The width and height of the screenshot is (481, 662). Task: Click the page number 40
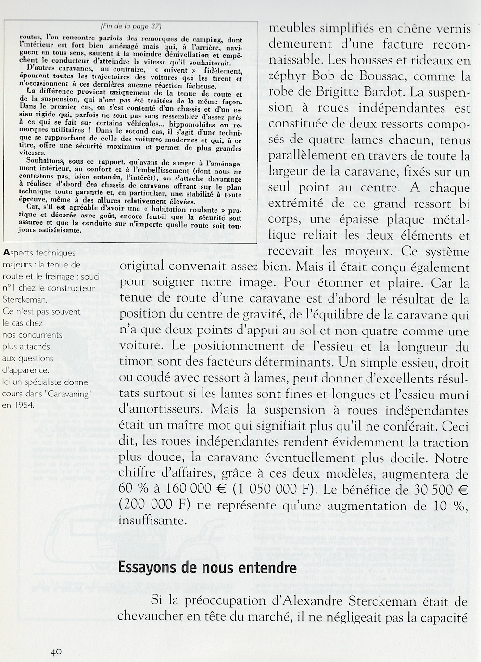[55, 651]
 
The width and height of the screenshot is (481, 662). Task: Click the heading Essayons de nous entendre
[207, 567]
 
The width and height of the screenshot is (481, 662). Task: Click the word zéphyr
[290, 76]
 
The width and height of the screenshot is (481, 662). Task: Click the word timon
[136, 363]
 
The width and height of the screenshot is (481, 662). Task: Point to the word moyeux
[377, 252]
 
